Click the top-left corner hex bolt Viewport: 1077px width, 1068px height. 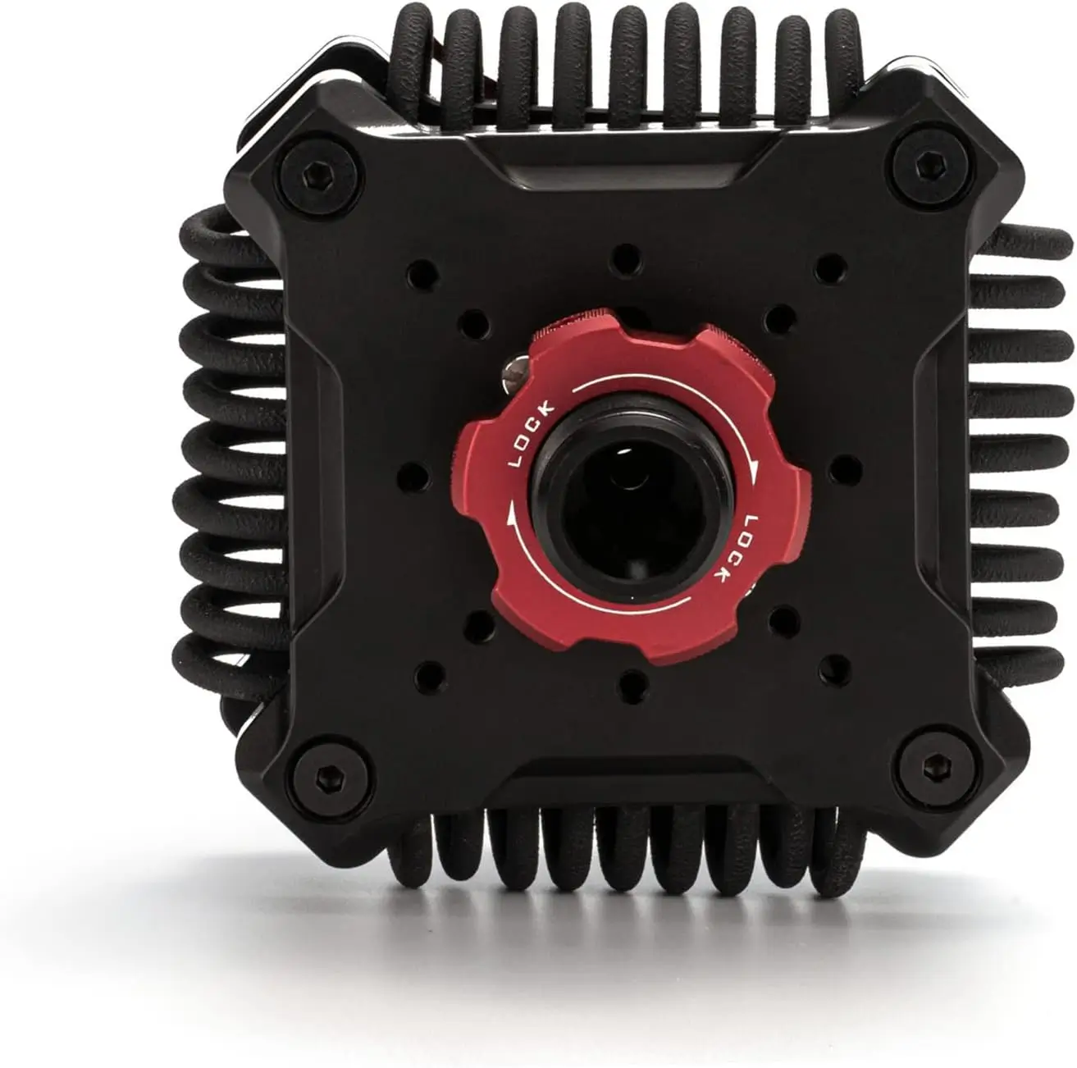[x=318, y=175]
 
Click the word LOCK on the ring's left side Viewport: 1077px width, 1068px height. [x=532, y=433]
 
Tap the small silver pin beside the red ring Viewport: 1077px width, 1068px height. [x=513, y=373]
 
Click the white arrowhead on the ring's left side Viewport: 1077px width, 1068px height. [x=511, y=521]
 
